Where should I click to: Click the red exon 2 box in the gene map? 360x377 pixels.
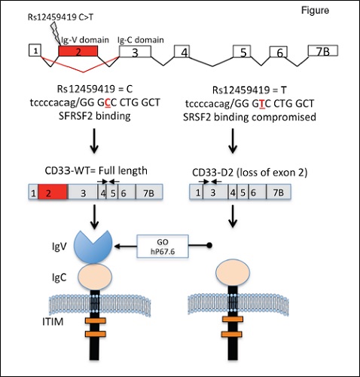76,51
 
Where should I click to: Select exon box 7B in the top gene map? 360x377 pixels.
325,51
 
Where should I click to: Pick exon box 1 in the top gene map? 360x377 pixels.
34,50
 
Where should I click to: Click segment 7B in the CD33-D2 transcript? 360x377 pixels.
279,214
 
